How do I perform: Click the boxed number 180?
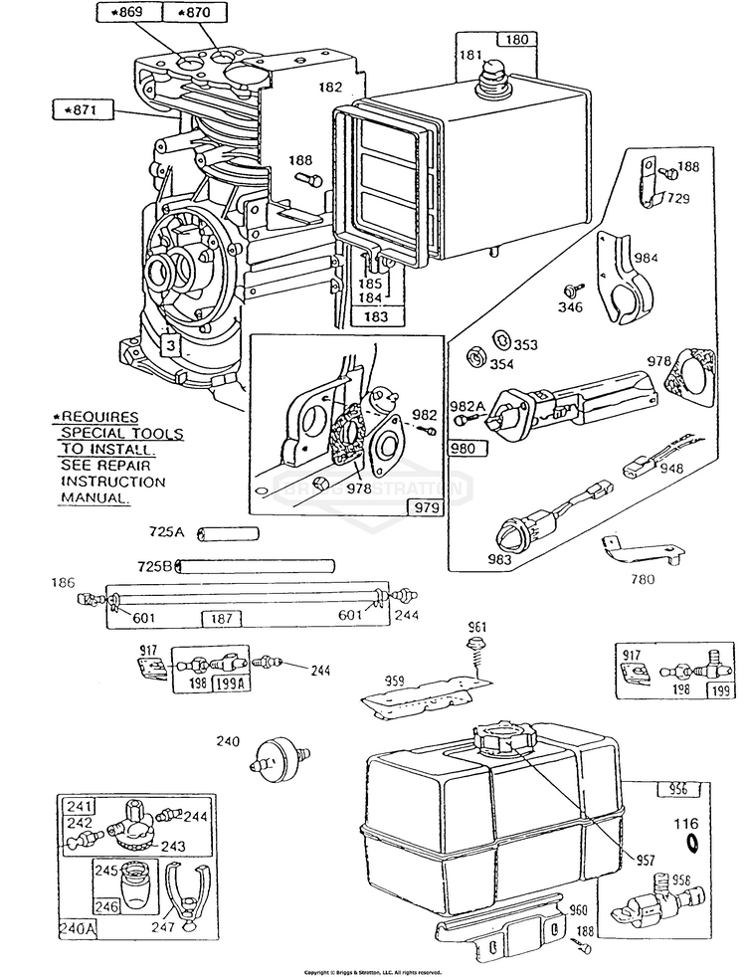pos(516,41)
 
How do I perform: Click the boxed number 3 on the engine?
pos(171,345)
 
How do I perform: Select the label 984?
pos(647,259)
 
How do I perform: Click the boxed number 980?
pos(466,449)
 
